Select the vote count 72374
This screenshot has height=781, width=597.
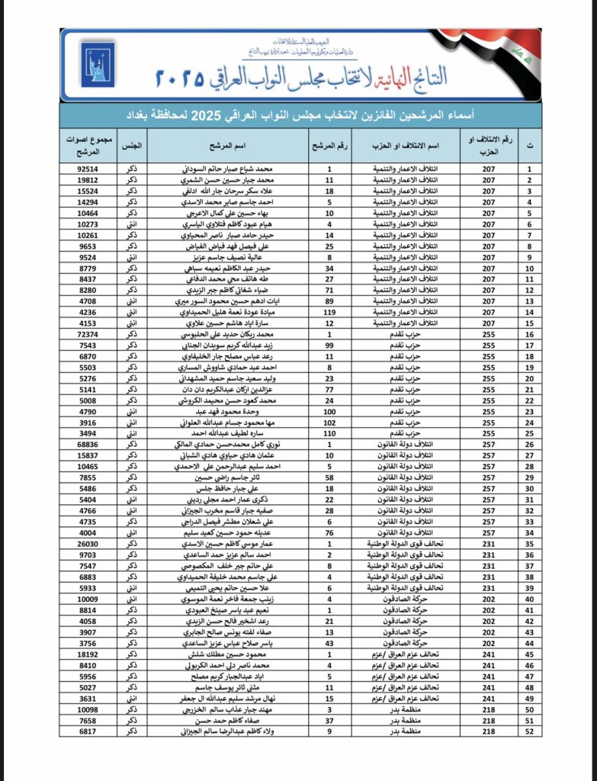tap(88, 334)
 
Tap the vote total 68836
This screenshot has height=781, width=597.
tap(88, 443)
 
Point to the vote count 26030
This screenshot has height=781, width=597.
tap(88, 545)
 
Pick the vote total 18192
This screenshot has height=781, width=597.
tap(88, 654)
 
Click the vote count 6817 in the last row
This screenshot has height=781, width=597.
tap(88, 731)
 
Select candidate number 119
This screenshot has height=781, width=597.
tap(329, 312)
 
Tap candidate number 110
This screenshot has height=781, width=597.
tap(329, 432)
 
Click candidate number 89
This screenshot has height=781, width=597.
tap(329, 301)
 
